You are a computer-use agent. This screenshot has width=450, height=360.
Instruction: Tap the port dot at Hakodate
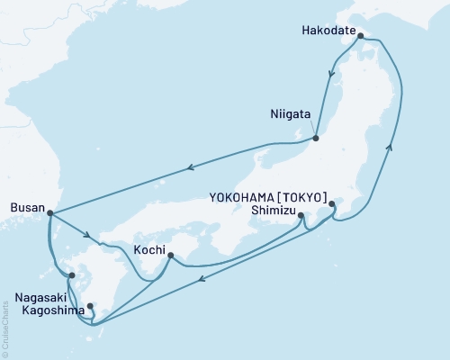point(360,37)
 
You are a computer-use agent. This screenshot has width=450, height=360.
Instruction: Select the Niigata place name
point(291,115)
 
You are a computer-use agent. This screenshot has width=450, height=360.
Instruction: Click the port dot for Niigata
point(316,138)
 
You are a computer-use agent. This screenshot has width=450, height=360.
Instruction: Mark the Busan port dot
point(49,213)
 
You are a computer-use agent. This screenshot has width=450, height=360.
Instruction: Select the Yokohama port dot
point(332,204)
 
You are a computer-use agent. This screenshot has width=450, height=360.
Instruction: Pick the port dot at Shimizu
point(301,215)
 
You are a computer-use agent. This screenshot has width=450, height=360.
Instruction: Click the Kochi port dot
point(170,256)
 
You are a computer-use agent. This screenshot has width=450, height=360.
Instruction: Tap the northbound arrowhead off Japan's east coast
point(391,143)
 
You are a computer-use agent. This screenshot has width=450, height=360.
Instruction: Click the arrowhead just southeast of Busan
point(88,237)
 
